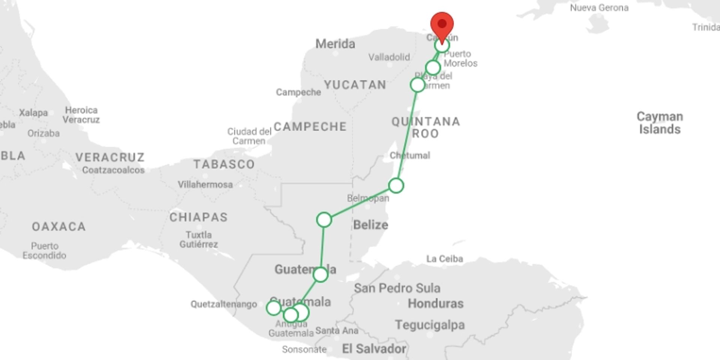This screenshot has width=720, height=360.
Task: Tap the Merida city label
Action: [x=335, y=44]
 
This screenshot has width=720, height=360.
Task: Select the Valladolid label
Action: [x=389, y=57]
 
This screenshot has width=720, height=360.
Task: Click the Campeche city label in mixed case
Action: [x=298, y=92]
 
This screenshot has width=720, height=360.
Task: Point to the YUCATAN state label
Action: [x=355, y=85]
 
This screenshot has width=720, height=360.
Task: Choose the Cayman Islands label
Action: [x=660, y=123]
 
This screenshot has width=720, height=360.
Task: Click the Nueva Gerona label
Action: [x=599, y=8]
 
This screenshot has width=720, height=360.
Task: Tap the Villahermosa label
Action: [x=205, y=184]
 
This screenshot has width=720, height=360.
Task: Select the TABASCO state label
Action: [x=224, y=164]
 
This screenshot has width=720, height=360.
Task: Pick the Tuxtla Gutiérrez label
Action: [x=198, y=240]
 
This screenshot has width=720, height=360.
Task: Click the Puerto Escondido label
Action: [x=44, y=251]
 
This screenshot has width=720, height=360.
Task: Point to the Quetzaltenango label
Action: [x=223, y=304]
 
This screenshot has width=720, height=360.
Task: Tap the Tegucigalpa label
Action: [x=430, y=325]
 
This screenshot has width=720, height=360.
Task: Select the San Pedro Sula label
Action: [x=397, y=288]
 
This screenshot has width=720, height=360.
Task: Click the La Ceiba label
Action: [x=444, y=259]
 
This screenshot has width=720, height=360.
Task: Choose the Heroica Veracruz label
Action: [x=81, y=115]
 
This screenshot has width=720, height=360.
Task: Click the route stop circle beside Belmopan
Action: [x=396, y=186]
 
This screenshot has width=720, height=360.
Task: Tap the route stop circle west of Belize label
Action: [x=324, y=220]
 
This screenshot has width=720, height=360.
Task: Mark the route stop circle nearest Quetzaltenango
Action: [x=273, y=308]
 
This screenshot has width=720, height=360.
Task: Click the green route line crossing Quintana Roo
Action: [x=408, y=131]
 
